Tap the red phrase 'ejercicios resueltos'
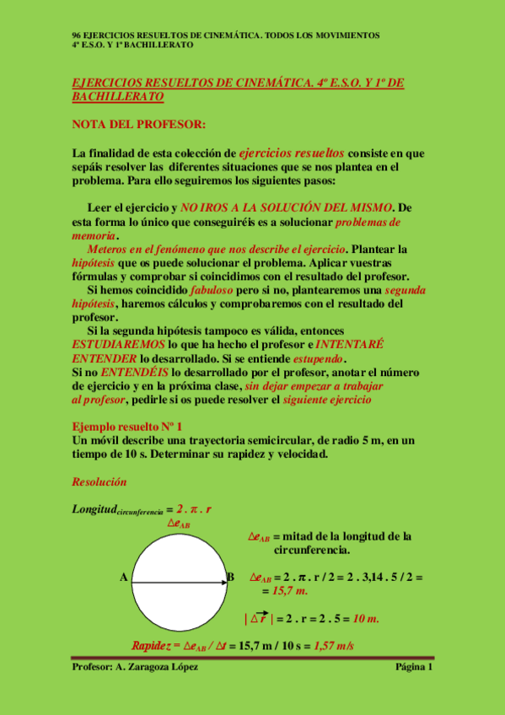pos(291,153)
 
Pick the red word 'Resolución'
pos(99,482)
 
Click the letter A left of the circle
pos(124,577)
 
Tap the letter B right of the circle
pos(230,577)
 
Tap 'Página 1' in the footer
pos(413,668)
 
